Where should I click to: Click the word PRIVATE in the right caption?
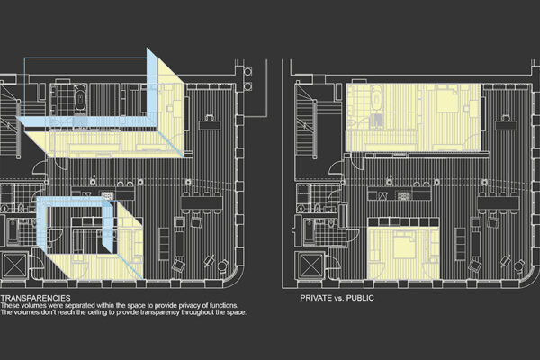pos(316,296)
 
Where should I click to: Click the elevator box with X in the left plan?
pos(15,266)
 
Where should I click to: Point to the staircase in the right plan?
pos(311,117)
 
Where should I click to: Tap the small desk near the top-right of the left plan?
pos(209,119)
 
